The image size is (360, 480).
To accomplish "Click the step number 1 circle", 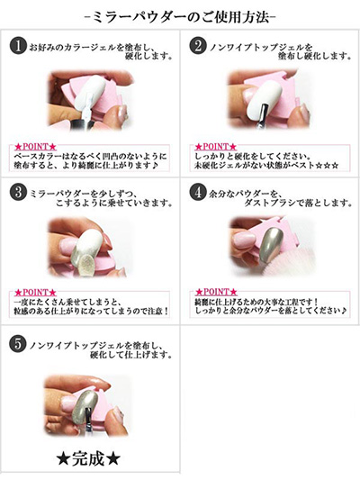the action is click(x=18, y=46).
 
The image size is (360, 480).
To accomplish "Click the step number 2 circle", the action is click(x=198, y=46).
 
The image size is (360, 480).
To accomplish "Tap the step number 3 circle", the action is click(x=18, y=193).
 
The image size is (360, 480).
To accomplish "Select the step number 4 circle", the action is click(x=198, y=193).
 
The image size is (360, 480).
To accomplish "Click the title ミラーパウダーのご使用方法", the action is click(x=180, y=17).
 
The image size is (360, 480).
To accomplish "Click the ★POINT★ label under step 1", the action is click(x=35, y=147).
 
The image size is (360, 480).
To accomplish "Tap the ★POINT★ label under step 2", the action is click(x=216, y=147).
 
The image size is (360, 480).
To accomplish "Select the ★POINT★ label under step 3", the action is click(x=35, y=292).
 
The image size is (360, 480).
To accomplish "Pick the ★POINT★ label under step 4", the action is click(x=216, y=292).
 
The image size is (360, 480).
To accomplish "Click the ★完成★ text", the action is click(x=88, y=459).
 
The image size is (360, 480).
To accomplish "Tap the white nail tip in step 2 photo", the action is click(x=265, y=99).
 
